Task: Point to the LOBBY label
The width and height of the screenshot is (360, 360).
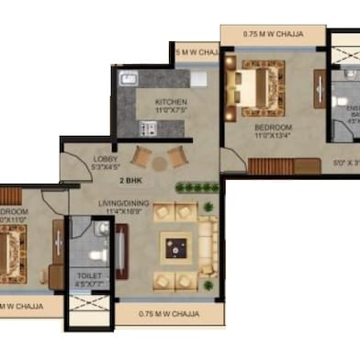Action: point(106,158)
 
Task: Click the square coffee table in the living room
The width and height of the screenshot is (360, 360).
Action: point(176,246)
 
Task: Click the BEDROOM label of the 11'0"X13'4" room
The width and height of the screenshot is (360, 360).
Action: point(273,127)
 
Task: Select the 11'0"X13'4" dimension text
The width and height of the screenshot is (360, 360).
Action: point(273,136)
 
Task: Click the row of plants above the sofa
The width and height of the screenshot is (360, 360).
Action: point(197,188)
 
